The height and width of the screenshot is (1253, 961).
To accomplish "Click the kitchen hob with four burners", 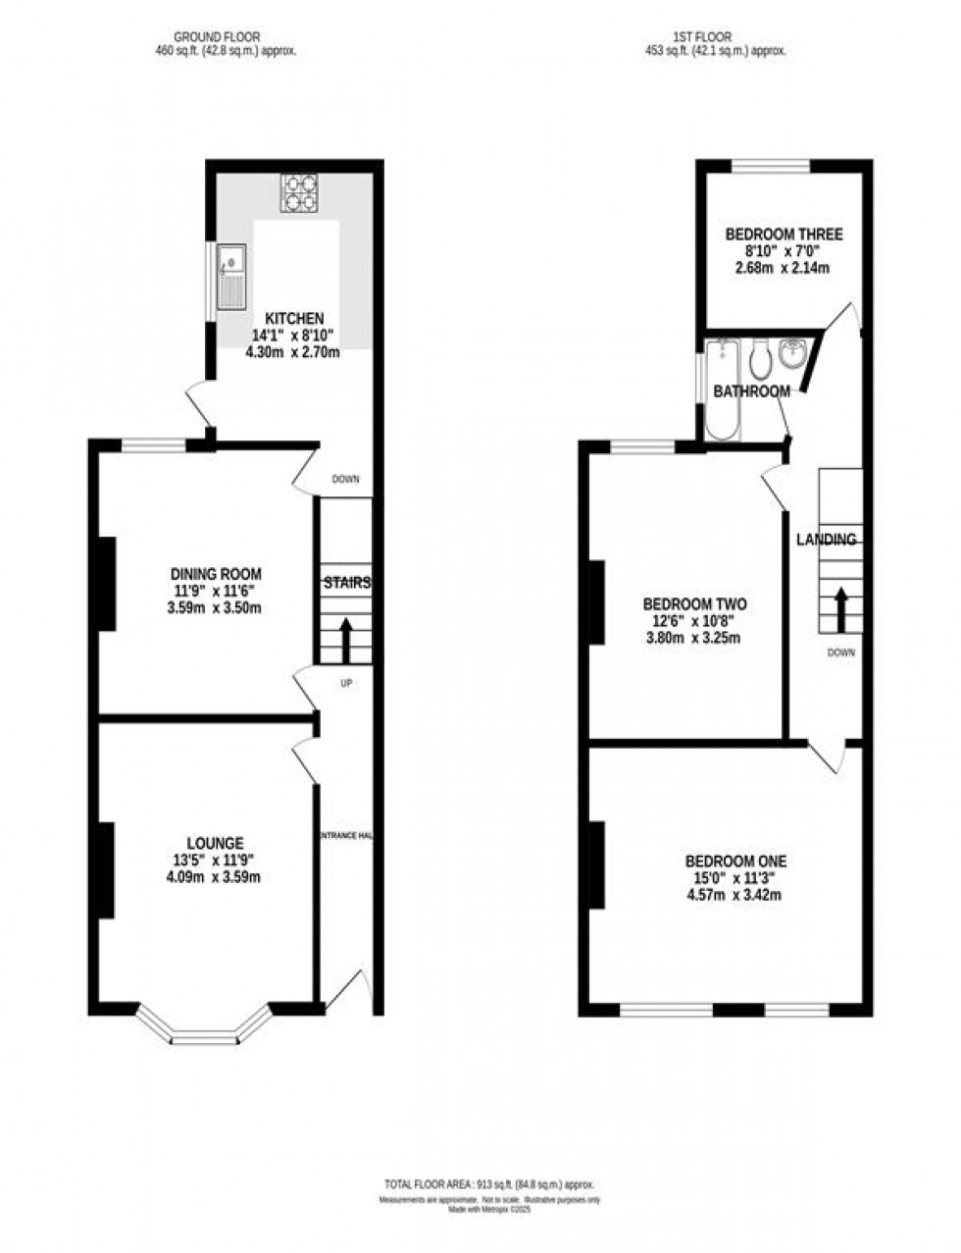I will click(300, 192).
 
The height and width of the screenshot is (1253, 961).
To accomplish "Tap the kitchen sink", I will click(231, 276).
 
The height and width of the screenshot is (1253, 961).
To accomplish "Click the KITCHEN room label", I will click(294, 319).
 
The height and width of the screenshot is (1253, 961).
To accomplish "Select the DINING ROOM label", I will click(216, 574).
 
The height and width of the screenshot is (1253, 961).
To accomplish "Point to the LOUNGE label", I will click(215, 843).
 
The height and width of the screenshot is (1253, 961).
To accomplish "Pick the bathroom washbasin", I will click(792, 353).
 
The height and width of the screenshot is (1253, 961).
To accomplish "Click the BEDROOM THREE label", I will click(784, 235).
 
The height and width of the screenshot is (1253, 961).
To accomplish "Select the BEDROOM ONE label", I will click(735, 861).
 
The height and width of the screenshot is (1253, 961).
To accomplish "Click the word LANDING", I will click(826, 540).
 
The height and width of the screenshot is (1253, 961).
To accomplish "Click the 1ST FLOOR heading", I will click(715, 37).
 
